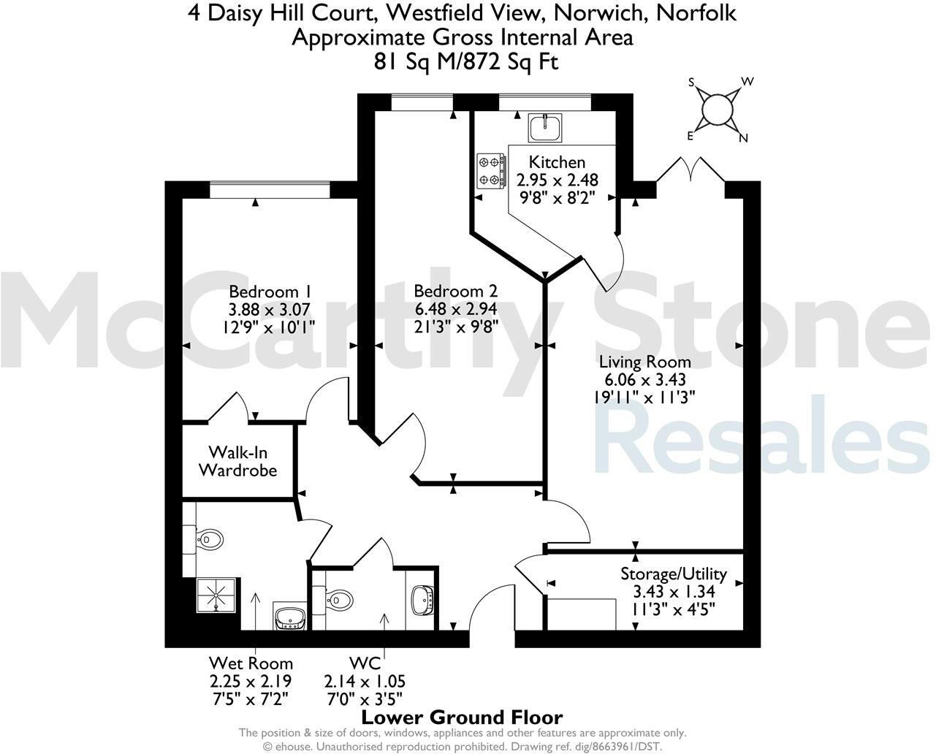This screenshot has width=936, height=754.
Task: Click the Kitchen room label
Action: (x=557, y=162)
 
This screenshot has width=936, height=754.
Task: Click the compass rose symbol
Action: (x=716, y=110)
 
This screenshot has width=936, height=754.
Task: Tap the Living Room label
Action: (x=644, y=362)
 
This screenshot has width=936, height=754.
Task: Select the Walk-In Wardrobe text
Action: (x=238, y=461)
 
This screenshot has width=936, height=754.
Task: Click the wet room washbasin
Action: (x=292, y=617)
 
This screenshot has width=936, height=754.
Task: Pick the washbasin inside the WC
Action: (x=423, y=600)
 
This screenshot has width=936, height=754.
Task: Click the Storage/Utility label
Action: (x=673, y=574)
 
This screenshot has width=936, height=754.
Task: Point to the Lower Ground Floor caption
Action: (x=462, y=717)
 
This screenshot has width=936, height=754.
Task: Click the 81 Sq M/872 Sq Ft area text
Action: (x=466, y=62)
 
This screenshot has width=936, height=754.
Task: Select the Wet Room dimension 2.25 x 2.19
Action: (x=251, y=682)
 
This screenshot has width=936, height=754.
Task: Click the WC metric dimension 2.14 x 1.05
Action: (x=365, y=682)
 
